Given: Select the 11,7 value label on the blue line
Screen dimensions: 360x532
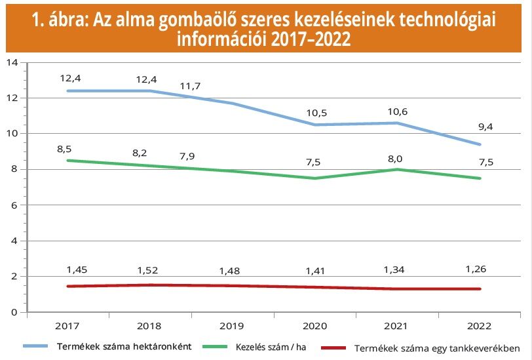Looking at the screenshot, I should pyautogui.click(x=192, y=86).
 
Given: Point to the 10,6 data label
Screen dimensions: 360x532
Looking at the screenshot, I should pyautogui.click(x=397, y=111).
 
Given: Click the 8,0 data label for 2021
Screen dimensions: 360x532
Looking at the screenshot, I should pyautogui.click(x=397, y=157).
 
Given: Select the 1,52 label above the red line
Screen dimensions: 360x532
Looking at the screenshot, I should pyautogui.click(x=149, y=270).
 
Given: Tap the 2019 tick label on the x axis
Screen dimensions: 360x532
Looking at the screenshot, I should pyautogui.click(x=232, y=325).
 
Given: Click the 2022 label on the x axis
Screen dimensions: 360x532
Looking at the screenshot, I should pyautogui.click(x=480, y=325).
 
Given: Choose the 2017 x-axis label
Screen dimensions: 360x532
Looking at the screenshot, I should pyautogui.click(x=67, y=325).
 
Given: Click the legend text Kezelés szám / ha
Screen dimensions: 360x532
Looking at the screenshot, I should pyautogui.click(x=271, y=347).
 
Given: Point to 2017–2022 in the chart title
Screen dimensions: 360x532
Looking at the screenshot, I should pyautogui.click(x=309, y=39).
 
